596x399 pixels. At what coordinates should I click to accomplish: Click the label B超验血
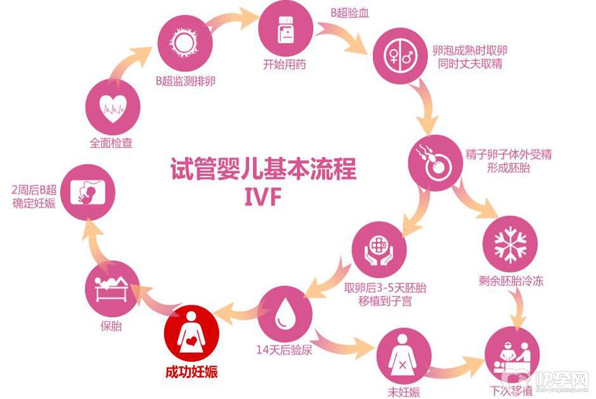tap(350, 12)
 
